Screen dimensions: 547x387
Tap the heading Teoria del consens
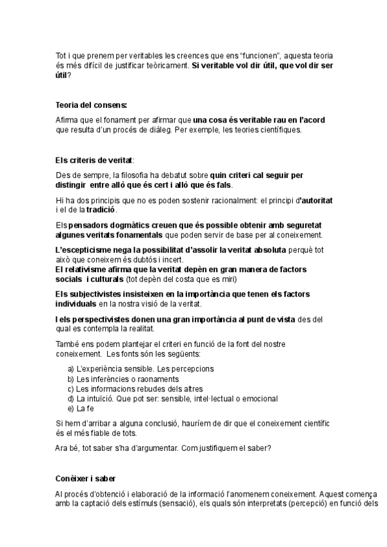tap(92, 105)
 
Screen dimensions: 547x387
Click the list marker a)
tap(71, 369)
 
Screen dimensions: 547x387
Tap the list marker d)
tap(71, 399)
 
